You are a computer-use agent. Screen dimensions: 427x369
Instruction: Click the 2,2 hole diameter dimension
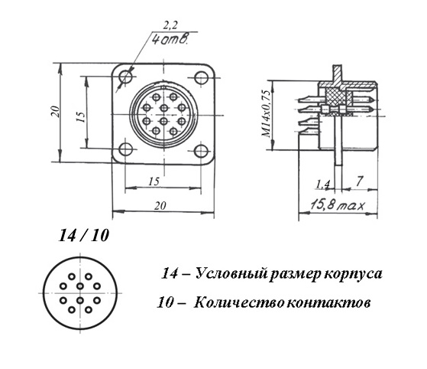tap(170, 25)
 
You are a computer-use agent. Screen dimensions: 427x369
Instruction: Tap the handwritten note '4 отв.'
tap(170, 39)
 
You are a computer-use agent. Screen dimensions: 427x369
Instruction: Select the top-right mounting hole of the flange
tap(202, 77)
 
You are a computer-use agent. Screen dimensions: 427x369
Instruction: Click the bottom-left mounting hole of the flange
tap(125, 149)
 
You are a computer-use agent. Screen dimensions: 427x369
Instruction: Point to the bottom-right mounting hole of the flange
tap(202, 151)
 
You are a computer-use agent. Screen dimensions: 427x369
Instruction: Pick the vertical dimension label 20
tap(55, 111)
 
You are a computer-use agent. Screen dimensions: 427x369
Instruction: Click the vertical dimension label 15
tap(81, 116)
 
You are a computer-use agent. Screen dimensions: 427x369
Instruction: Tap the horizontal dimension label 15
tap(154, 181)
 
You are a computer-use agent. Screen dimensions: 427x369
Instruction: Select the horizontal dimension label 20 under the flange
tap(160, 205)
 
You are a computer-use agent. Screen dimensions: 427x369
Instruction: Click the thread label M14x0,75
tap(266, 113)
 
